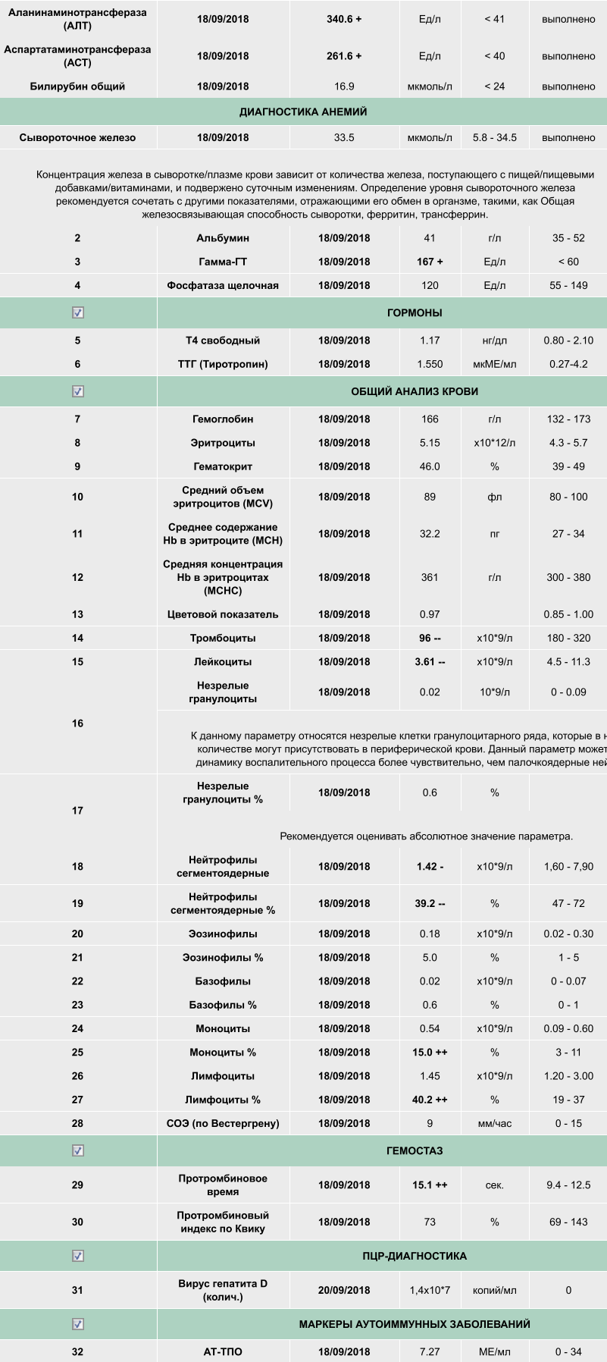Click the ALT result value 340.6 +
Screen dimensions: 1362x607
click(344, 19)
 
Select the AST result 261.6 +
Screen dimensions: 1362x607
click(344, 56)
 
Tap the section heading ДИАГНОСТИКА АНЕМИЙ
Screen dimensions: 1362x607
click(303, 111)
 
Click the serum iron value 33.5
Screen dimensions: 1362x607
click(344, 137)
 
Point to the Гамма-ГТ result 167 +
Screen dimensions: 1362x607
click(430, 262)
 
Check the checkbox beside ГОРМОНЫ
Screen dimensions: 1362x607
click(77, 312)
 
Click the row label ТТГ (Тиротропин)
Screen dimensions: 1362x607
click(223, 364)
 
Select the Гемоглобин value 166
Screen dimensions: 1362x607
click(430, 419)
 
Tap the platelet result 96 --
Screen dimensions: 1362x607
click(430, 638)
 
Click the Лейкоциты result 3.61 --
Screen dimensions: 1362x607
click(430, 661)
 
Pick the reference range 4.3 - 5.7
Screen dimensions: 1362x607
click(568, 442)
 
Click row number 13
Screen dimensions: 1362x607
click(77, 614)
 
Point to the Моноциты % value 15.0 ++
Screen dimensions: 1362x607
click(430, 1052)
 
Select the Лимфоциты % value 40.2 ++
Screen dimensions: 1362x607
click(430, 1100)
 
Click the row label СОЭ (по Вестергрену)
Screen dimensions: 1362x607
click(223, 1123)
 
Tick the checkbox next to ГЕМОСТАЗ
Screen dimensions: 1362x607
click(77, 1150)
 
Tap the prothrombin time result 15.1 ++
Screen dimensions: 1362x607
click(430, 1185)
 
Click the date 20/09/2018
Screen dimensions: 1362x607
click(344, 1290)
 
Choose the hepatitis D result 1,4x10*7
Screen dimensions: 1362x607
click(430, 1290)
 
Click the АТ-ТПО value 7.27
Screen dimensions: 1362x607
click(430, 1351)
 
